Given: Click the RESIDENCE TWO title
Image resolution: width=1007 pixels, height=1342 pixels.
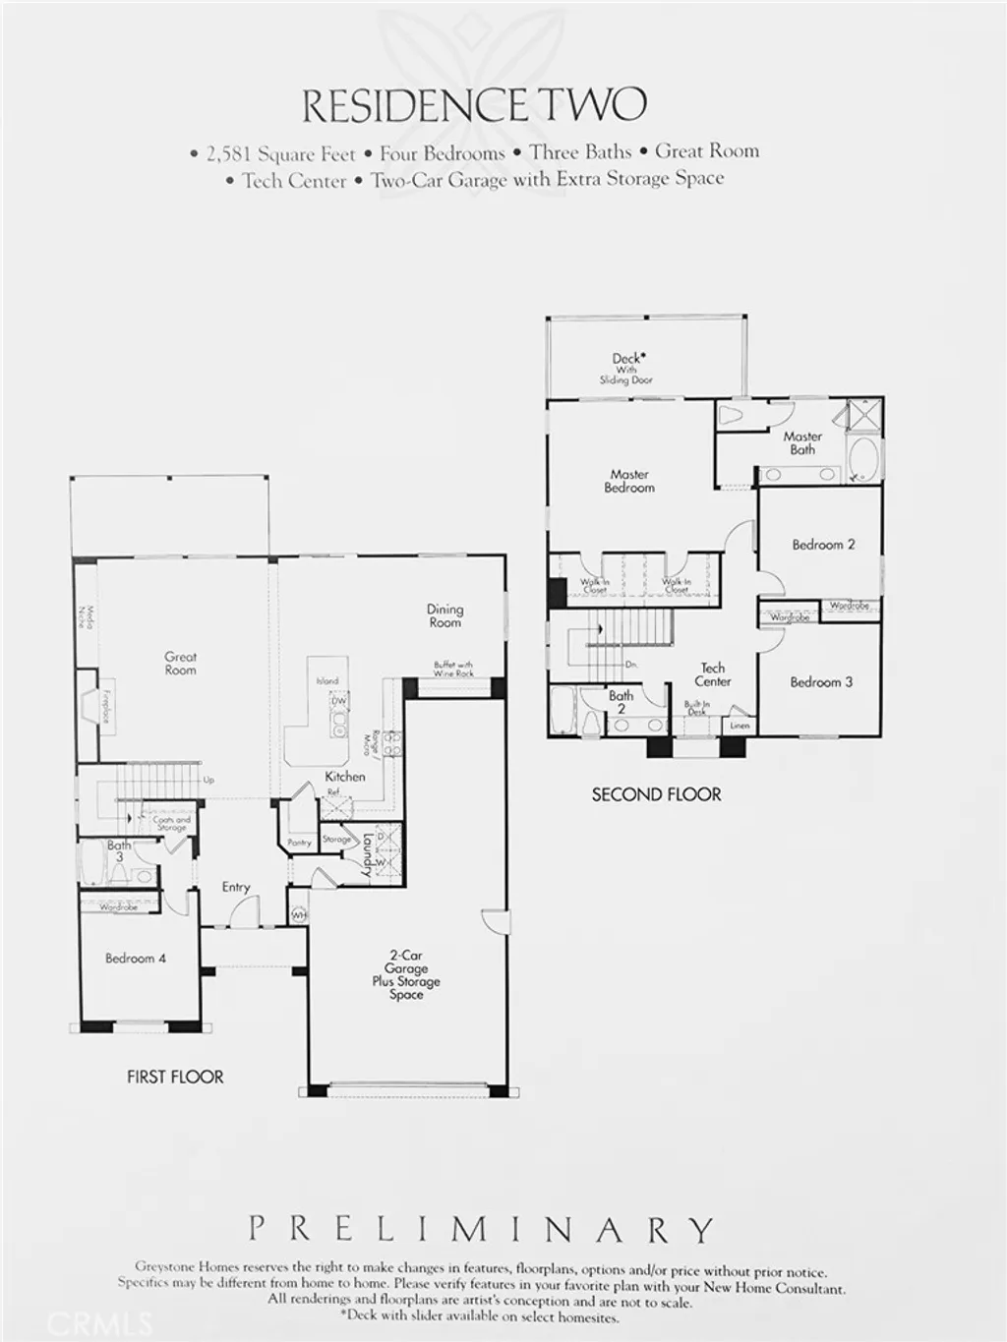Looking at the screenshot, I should pos(474,106).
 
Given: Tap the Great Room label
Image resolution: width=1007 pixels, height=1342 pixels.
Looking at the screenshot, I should pos(180,664).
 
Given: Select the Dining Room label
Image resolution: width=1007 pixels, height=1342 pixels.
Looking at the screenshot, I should pos(444,615).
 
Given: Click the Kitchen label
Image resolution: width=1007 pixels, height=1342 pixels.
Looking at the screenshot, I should pos(345,777).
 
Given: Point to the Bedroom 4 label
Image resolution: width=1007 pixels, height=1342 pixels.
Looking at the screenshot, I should pos(136,959).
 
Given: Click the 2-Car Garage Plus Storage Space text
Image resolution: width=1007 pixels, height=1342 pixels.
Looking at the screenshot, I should pos(406,974).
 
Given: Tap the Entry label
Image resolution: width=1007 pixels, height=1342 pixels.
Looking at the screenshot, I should pos(236,887).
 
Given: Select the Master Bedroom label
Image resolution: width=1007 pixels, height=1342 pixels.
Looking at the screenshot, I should pos(629,481).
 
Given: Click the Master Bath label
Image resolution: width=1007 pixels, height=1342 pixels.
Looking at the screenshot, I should pos(802,442).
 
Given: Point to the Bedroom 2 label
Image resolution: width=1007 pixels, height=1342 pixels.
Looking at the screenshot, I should pos(823,545).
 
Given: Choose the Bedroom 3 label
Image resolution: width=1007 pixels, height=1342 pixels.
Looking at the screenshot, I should pos(821,682).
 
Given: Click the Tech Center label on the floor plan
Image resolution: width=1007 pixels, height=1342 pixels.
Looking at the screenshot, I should pos(713,674).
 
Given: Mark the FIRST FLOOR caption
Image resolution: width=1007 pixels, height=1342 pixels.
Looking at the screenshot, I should pos(175,1077).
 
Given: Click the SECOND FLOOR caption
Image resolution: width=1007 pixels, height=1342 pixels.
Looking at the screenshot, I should pos(656,794).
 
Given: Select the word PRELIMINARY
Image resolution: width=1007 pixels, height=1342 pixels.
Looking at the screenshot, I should pos(481,1229).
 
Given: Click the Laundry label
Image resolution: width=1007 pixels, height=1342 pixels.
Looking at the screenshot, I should pos(367,854).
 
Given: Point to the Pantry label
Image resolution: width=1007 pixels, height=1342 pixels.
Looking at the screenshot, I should pos(300,843).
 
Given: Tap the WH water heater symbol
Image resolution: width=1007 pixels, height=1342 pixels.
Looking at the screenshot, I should pos(299,915).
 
